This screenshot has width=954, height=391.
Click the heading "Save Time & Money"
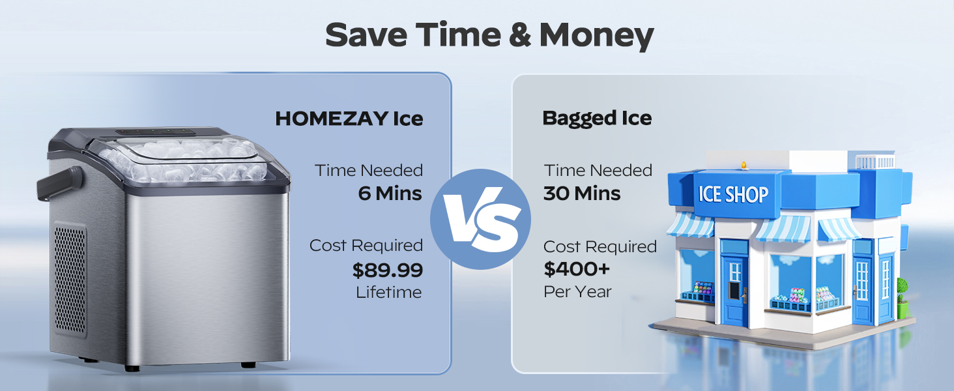(x=489, y=35)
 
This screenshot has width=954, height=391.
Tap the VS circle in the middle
(x=481, y=220)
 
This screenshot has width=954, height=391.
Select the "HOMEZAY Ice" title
(x=349, y=119)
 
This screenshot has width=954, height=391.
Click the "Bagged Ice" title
(x=597, y=118)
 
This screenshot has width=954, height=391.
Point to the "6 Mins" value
(x=390, y=194)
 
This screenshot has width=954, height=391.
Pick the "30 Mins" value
(x=582, y=194)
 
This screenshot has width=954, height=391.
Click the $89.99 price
(x=387, y=270)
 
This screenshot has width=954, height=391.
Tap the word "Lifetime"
(x=389, y=293)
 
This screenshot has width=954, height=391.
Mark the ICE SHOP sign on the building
(x=733, y=194)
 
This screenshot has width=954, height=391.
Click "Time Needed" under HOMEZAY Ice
(x=369, y=171)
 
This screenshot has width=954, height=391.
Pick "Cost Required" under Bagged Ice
(x=600, y=247)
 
